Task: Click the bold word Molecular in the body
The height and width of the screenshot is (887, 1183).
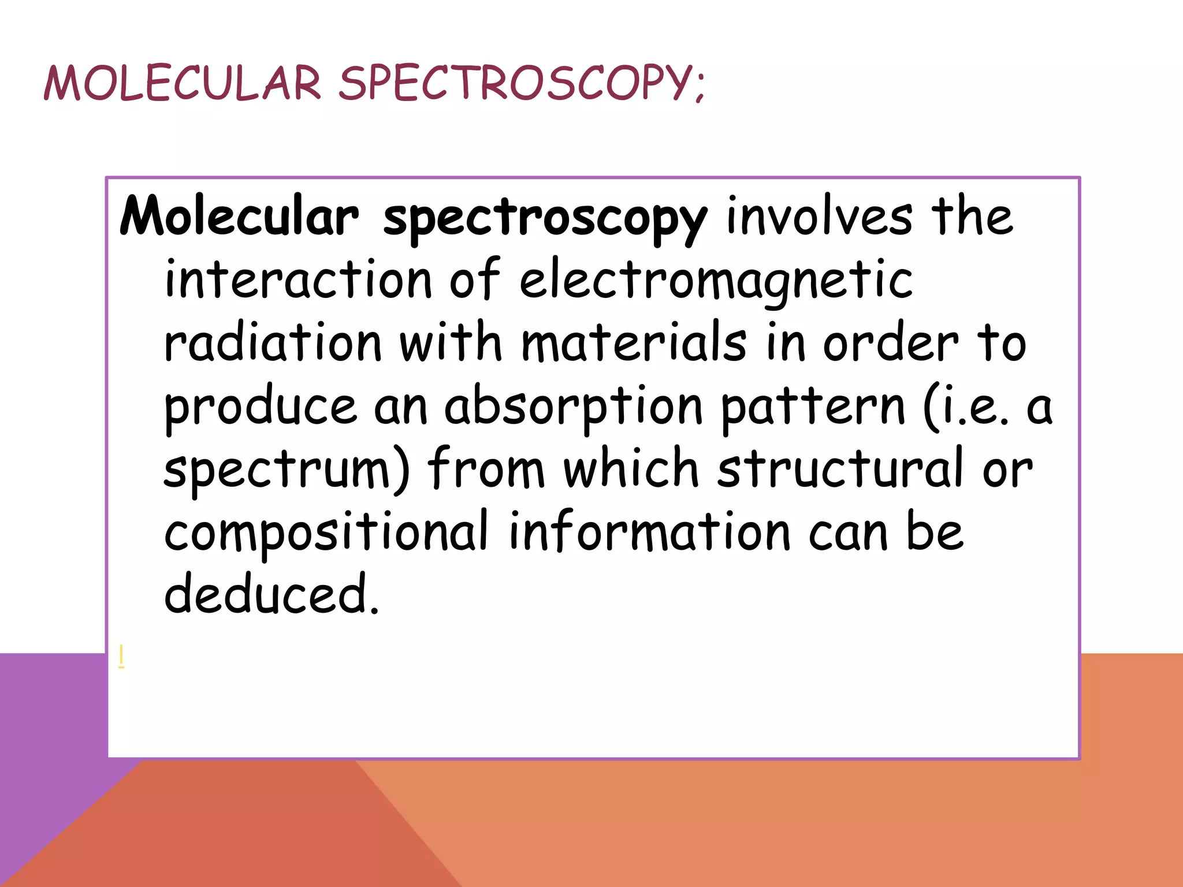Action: [x=239, y=216]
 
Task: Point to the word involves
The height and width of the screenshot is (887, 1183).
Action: [x=819, y=216]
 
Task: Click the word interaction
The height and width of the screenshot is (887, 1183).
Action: [x=298, y=279]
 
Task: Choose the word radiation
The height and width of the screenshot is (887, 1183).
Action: [x=273, y=343]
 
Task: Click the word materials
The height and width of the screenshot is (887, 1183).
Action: [x=634, y=343]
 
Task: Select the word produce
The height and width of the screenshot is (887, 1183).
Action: [x=261, y=408]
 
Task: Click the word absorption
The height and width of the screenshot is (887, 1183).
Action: [x=573, y=408]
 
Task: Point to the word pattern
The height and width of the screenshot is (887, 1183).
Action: [x=813, y=408]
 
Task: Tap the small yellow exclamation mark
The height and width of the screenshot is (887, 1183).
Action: [x=121, y=657]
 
